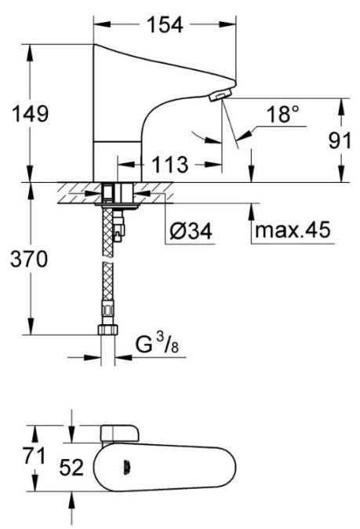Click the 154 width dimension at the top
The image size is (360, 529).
point(165,24)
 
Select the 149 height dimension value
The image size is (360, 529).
point(31,114)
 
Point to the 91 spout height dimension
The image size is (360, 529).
point(340,140)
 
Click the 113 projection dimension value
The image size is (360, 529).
point(170,165)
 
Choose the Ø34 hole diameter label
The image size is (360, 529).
point(191,232)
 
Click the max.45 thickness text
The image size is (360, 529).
point(293,230)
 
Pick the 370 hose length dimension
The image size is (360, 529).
point(29,260)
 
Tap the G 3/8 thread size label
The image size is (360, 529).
point(157,344)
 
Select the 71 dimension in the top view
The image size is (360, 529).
point(34,457)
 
